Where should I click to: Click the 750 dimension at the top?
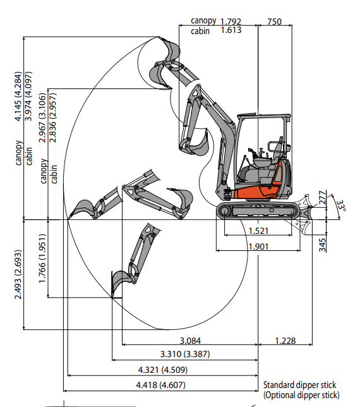pos(274,21)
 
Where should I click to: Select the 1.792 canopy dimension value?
pos(231,21)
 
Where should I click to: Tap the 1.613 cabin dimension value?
pos(231,30)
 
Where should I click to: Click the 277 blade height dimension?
pos(322,197)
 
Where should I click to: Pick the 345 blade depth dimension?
pos(322,245)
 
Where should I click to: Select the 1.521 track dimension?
pos(258,231)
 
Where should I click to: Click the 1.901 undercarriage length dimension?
pos(258,246)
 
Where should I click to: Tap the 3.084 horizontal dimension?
pos(190,341)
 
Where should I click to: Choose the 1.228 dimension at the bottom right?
pos(285,341)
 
